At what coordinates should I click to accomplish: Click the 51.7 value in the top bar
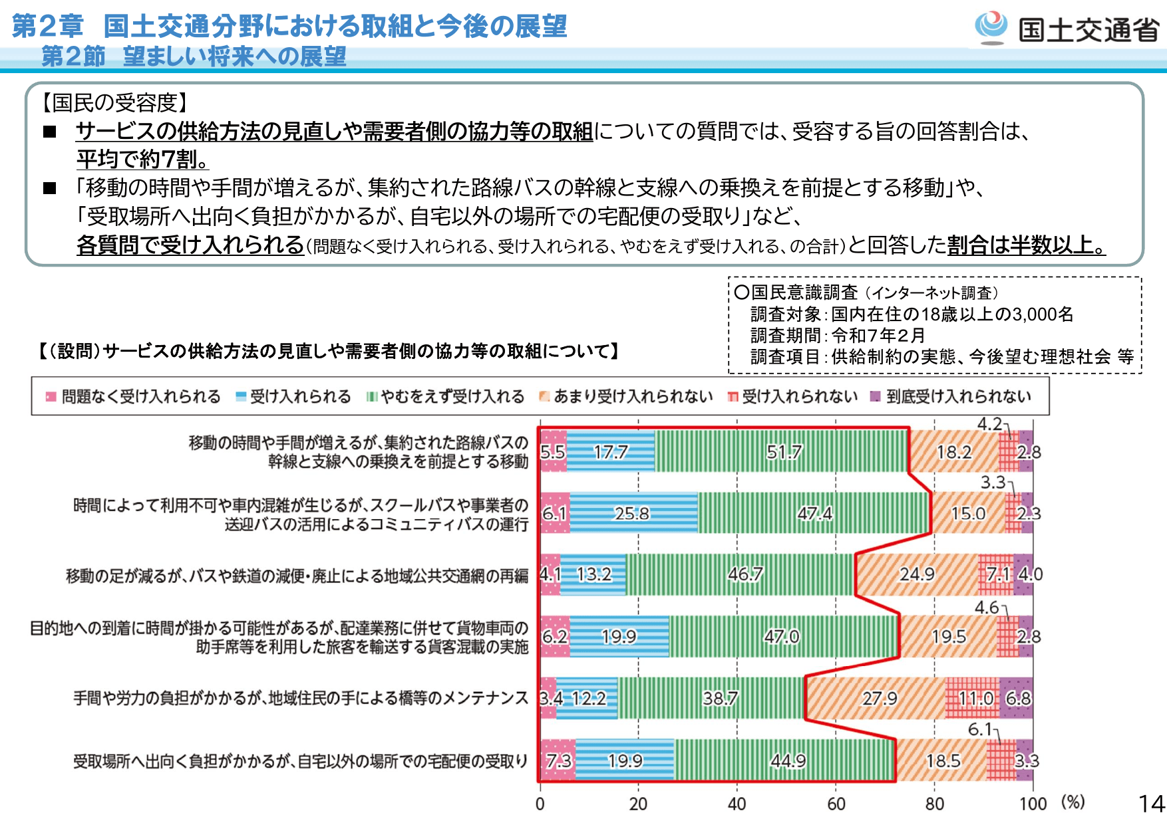click(x=784, y=452)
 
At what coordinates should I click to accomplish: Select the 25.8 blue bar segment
click(x=632, y=513)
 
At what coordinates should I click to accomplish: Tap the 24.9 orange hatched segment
click(x=917, y=574)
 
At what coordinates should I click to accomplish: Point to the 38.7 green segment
click(x=721, y=698)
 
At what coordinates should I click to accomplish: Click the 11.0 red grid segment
click(x=975, y=698)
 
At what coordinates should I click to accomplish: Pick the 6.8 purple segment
click(x=1018, y=698)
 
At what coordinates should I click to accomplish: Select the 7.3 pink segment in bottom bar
click(x=558, y=760)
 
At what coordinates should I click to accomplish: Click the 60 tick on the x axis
click(x=836, y=804)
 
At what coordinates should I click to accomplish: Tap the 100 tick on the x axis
click(x=1033, y=804)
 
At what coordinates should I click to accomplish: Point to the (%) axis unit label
click(x=1073, y=802)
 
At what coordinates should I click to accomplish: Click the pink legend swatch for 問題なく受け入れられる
click(x=51, y=397)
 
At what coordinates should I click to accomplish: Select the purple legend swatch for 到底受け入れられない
click(x=876, y=397)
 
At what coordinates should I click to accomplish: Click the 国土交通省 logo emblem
click(x=991, y=28)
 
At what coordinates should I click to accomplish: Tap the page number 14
click(x=1152, y=804)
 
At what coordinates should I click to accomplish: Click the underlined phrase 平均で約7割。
click(x=143, y=160)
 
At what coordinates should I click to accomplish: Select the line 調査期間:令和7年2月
click(x=838, y=336)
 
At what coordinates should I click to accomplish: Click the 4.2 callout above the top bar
click(x=989, y=424)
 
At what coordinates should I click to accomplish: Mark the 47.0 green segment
click(x=782, y=637)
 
